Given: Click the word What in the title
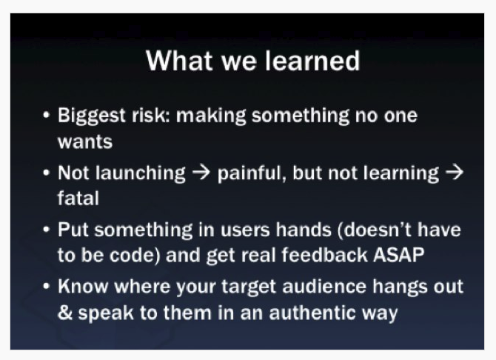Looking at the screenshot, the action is click(179, 61).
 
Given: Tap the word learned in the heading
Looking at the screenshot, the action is click(312, 61).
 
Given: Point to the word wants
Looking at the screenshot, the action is click(85, 141).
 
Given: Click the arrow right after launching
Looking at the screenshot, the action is click(201, 173).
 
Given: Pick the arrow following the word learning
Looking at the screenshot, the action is click(455, 173).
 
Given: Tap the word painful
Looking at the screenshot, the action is click(252, 174).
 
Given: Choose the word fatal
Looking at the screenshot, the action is click(78, 198).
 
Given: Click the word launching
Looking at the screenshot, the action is click(141, 174).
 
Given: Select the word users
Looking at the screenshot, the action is click(245, 230).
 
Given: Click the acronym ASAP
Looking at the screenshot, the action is click(398, 255).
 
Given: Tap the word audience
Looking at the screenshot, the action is click(324, 287).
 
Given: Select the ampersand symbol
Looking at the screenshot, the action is click(65, 313).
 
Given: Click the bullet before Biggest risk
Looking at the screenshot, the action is click(46, 116).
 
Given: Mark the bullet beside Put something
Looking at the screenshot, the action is click(46, 230).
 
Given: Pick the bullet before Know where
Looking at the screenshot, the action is click(46, 286).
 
